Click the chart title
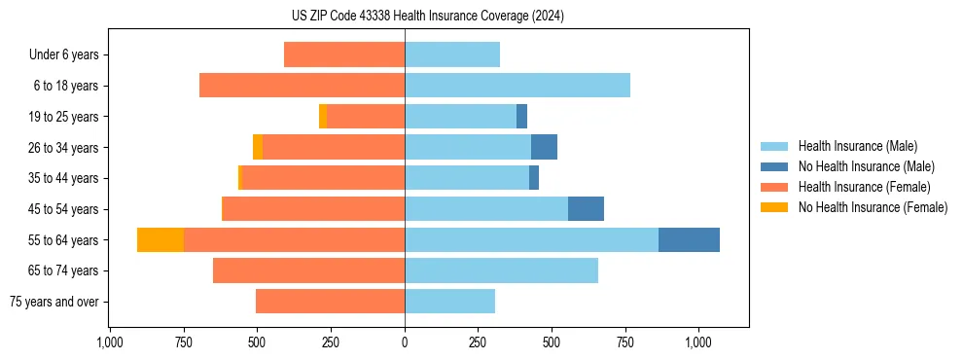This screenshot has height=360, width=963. click(427, 17)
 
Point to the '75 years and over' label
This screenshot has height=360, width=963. click(54, 302)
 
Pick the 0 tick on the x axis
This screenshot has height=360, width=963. click(405, 342)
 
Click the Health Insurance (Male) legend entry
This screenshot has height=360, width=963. click(857, 146)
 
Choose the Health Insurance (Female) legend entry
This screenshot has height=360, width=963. click(864, 187)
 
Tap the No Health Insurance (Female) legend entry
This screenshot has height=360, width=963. click(873, 207)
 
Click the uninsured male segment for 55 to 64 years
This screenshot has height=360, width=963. click(689, 240)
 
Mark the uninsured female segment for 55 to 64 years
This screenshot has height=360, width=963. click(160, 240)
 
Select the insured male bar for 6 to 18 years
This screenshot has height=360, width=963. click(517, 86)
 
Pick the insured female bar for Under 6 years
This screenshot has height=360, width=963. click(344, 54)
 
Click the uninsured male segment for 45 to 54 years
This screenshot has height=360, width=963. click(586, 209)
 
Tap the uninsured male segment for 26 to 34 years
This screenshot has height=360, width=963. click(544, 148)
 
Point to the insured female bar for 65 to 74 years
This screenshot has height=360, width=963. click(308, 270)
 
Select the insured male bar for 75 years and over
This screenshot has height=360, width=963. click(449, 302)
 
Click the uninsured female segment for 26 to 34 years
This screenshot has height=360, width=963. click(258, 148)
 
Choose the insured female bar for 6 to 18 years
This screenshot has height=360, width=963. click(302, 86)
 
